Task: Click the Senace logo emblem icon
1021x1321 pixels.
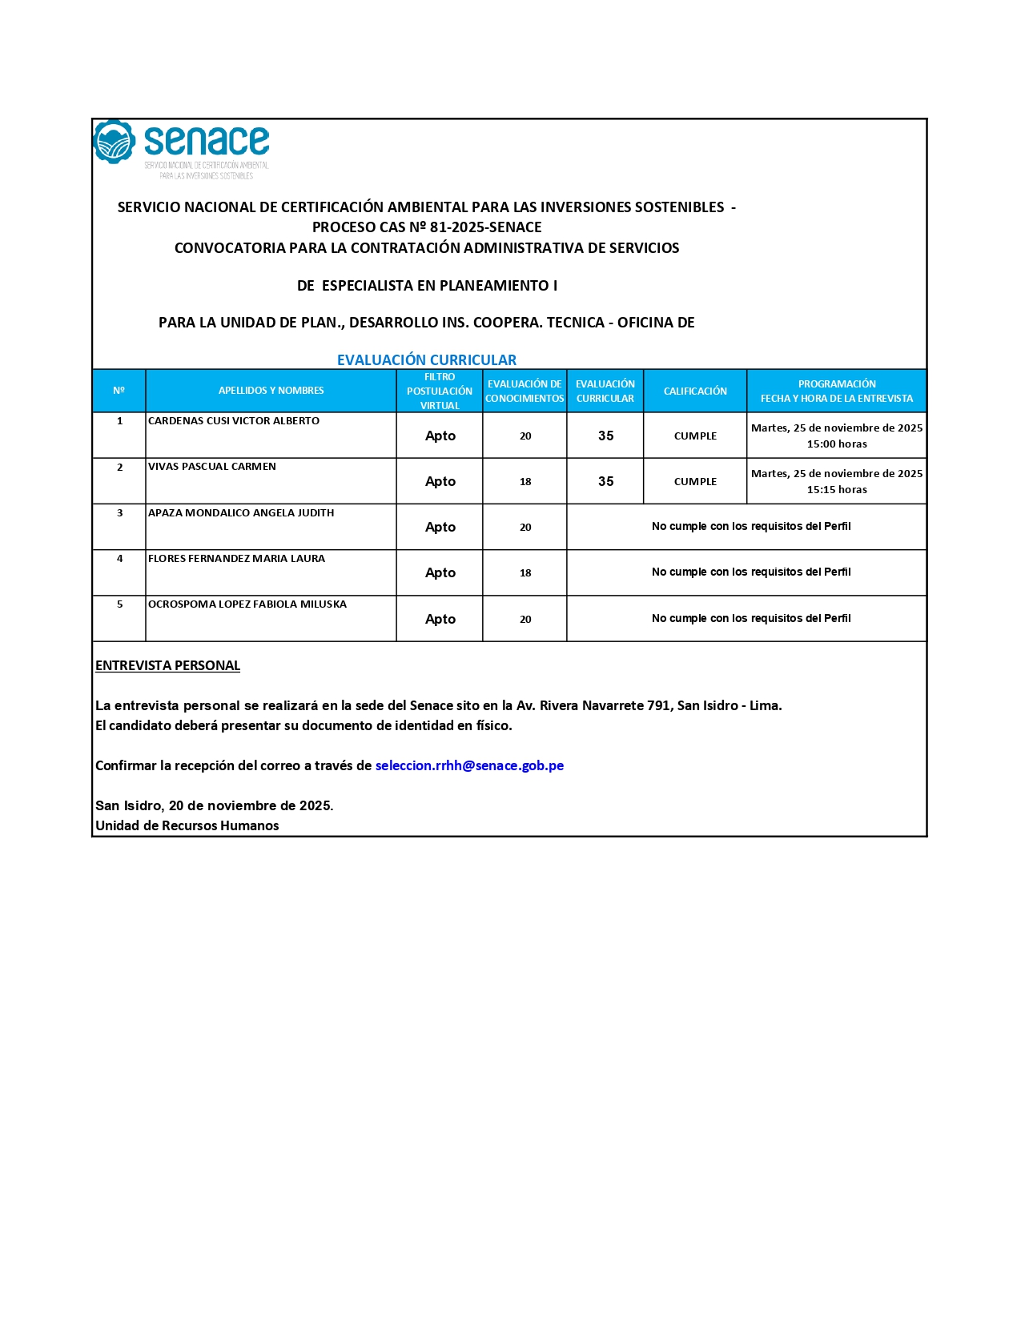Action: (114, 142)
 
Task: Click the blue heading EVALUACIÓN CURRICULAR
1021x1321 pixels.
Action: (426, 359)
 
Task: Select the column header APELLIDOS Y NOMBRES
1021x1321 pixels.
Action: (271, 391)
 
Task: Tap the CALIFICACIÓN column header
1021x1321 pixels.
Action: (695, 391)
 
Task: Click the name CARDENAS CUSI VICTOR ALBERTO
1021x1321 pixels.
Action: (234, 421)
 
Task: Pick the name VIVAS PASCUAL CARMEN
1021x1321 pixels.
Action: (212, 467)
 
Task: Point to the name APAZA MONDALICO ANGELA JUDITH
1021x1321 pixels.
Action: (241, 513)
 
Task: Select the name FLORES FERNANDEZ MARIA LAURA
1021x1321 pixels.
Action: (236, 559)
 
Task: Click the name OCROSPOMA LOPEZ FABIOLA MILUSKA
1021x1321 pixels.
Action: (247, 604)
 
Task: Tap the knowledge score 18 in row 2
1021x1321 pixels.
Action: (525, 482)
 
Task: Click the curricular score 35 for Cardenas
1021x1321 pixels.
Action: (605, 436)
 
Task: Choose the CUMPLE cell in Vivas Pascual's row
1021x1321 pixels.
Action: (695, 482)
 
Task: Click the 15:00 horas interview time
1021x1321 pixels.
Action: (837, 444)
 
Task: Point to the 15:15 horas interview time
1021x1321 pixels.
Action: (837, 490)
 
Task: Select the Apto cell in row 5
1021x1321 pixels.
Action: (440, 619)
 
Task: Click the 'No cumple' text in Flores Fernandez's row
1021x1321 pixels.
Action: (750, 572)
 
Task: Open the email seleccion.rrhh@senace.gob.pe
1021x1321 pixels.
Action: (469, 765)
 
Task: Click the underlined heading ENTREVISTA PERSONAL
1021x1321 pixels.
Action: (167, 665)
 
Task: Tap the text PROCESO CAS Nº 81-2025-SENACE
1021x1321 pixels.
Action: (427, 227)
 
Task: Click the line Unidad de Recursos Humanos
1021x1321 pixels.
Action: (187, 825)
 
